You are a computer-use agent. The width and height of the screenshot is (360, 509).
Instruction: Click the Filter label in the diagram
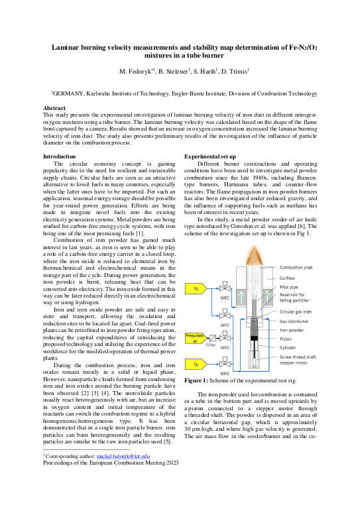[x=211, y=345]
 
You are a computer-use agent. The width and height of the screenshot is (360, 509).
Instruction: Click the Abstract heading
[x=54, y=107]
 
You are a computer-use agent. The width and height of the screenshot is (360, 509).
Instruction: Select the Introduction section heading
[x=60, y=156]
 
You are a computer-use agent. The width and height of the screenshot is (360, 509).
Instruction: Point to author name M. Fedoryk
[x=138, y=70]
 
